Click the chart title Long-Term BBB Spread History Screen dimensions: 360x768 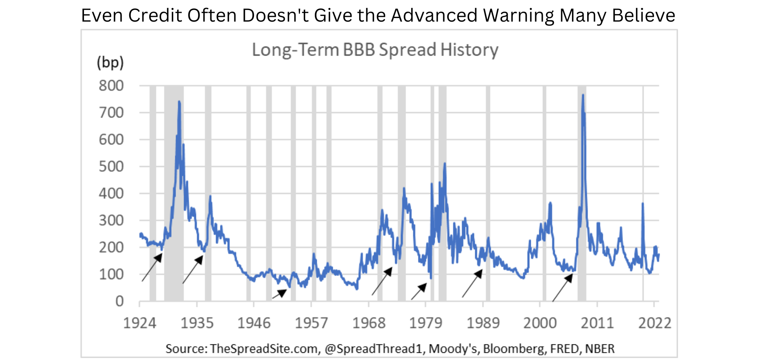(x=375, y=50)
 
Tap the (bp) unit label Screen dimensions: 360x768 (x=110, y=63)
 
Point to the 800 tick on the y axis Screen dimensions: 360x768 (x=111, y=86)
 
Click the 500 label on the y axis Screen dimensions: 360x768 (x=111, y=166)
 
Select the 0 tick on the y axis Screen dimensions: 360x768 (x=119, y=301)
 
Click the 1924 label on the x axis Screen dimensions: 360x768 (x=140, y=323)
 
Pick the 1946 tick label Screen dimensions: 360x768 (x=254, y=323)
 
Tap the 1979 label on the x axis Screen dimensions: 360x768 (x=426, y=323)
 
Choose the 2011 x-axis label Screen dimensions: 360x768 (x=597, y=323)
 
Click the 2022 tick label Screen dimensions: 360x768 (x=654, y=323)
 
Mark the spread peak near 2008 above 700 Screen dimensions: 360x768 (x=583, y=96)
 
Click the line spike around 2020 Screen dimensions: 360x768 (x=642, y=204)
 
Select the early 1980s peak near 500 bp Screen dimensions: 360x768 (x=444, y=164)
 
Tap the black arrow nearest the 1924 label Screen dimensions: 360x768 (x=152, y=267)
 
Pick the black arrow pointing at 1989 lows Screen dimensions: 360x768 (x=472, y=283)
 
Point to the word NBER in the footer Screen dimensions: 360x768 (x=600, y=349)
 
